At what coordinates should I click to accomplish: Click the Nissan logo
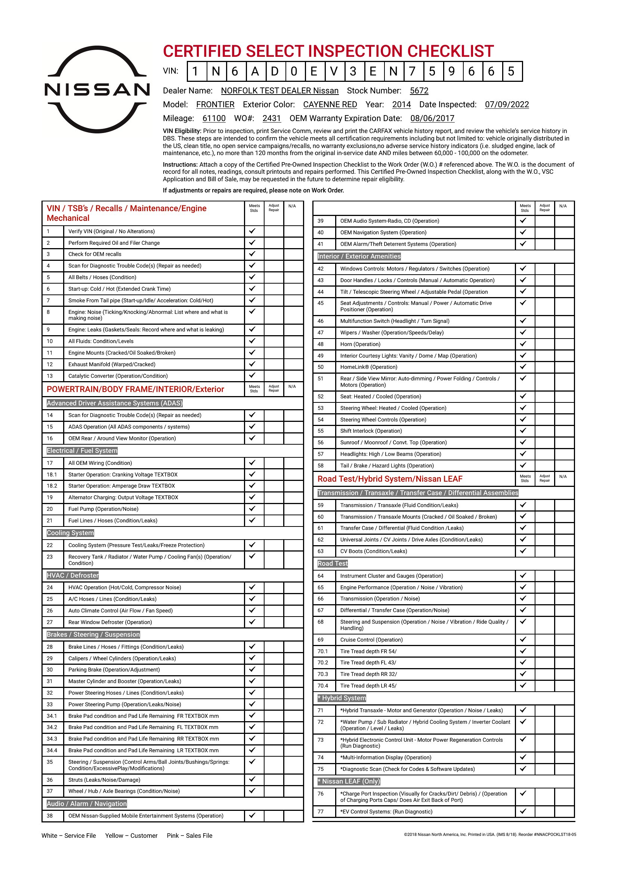tap(97, 89)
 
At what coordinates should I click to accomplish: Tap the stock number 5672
tap(419, 90)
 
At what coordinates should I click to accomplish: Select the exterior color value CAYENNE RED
tap(330, 104)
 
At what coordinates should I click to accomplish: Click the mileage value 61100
tap(214, 118)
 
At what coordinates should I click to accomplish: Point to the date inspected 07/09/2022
tap(507, 104)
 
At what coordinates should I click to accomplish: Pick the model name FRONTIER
tap(215, 104)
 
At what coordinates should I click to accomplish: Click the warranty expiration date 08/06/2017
tap(432, 118)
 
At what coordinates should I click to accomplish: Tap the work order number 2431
tap(271, 118)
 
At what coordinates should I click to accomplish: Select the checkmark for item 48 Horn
tap(523, 344)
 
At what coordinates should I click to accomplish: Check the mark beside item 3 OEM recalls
tap(252, 254)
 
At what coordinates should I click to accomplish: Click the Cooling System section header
tap(70, 533)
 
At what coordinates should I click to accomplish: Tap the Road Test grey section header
tap(333, 563)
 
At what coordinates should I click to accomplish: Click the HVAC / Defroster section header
tap(73, 575)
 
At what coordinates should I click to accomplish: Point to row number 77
tap(321, 812)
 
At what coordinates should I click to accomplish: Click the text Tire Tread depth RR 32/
tap(368, 674)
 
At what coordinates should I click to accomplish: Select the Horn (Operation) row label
tap(360, 344)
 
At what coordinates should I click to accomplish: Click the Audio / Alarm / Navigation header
tap(87, 804)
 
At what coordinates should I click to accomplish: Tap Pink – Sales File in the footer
tap(189, 836)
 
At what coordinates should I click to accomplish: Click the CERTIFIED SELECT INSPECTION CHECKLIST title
tap(328, 51)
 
